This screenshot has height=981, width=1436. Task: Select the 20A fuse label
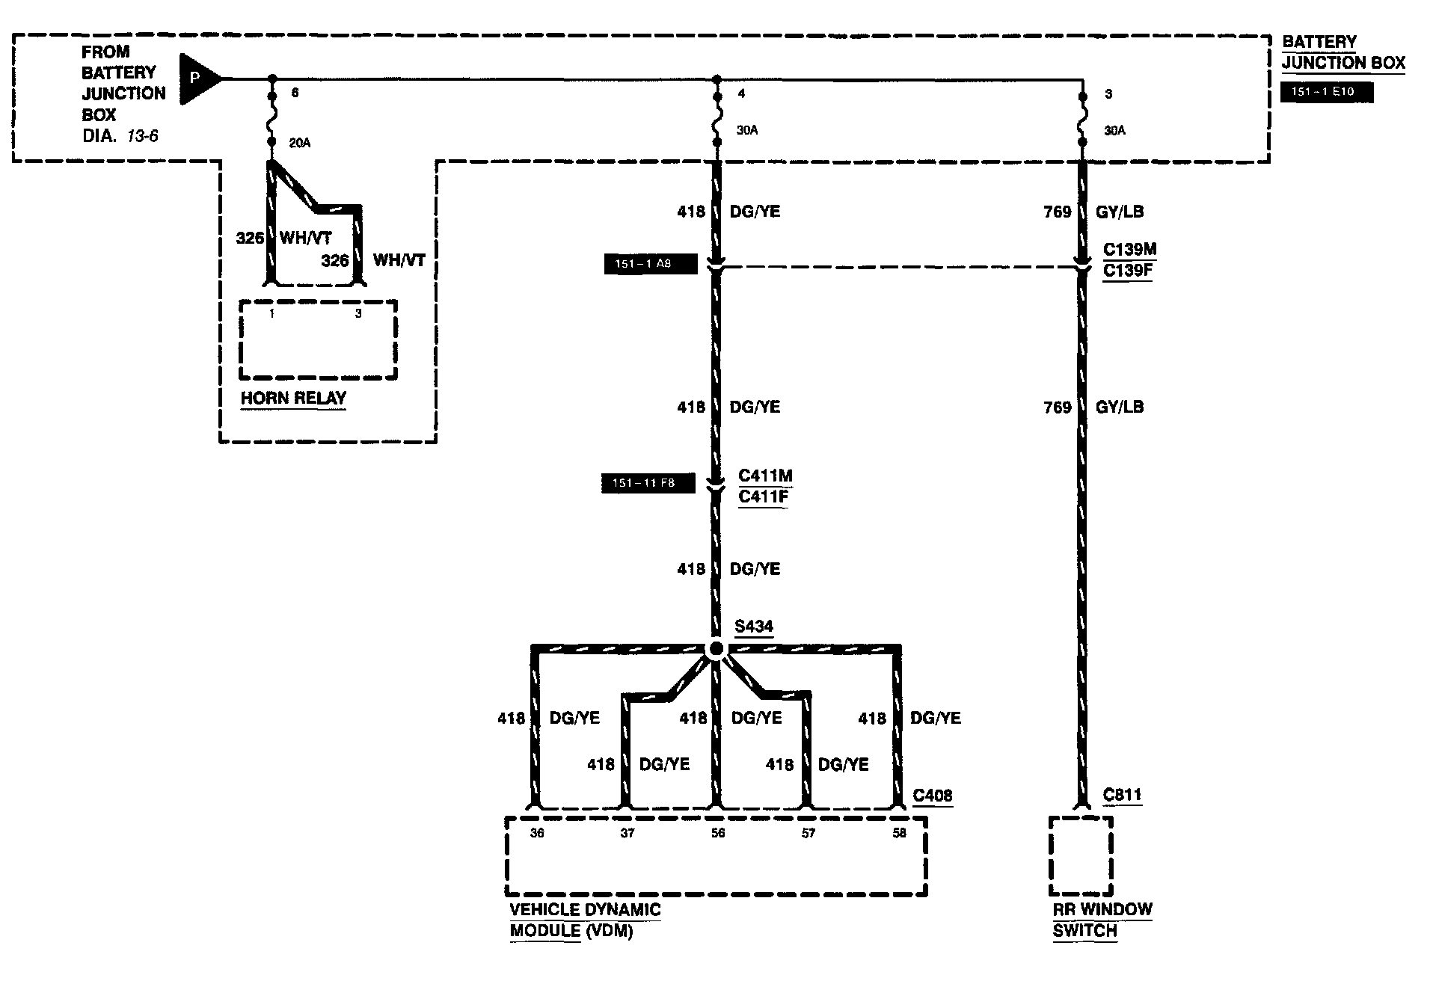299,143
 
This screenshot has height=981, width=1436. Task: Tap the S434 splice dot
716,648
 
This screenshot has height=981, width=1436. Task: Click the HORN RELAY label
293,398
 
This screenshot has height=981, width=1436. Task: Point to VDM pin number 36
537,833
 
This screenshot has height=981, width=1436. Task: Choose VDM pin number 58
899,833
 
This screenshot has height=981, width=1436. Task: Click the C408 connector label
933,795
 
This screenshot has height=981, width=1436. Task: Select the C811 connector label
1123,795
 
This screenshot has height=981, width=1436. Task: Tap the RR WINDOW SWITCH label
1102,920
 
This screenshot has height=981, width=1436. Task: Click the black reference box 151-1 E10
1327,93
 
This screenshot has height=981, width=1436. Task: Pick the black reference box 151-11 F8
648,483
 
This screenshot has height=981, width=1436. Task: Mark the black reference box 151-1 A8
650,264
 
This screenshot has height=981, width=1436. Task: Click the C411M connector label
765,476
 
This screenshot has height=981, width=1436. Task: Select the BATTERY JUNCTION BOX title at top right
1343,52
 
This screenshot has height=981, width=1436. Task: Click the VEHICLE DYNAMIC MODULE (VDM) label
585,920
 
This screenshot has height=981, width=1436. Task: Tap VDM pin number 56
718,833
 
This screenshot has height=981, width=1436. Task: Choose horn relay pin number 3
358,314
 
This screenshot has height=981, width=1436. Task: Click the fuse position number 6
295,93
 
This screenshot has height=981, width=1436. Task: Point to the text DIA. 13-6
120,136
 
